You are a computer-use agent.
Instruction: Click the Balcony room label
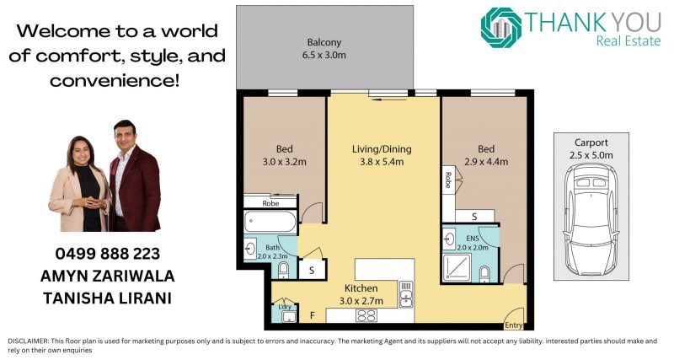pyautogui.click(x=324, y=49)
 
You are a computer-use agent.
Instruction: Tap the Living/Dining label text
pyautogui.click(x=382, y=149)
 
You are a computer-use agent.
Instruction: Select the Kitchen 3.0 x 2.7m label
pyautogui.click(x=361, y=294)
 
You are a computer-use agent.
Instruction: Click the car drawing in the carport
pyautogui.click(x=591, y=219)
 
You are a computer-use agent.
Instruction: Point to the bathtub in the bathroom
pyautogui.click(x=270, y=222)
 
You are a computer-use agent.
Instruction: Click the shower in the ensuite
pyautogui.click(x=457, y=267)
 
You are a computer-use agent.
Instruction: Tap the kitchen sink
pyautogui.click(x=406, y=294)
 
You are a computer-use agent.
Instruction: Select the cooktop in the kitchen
pyautogui.click(x=366, y=315)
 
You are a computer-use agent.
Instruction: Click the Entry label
pyautogui.click(x=514, y=325)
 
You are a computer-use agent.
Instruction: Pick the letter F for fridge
pyautogui.click(x=313, y=315)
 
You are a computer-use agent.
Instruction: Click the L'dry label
pyautogui.click(x=285, y=307)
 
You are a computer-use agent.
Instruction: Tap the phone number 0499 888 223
pyautogui.click(x=108, y=254)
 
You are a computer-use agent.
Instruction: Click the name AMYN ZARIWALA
pyautogui.click(x=108, y=277)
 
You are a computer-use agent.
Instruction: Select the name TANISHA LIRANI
pyautogui.click(x=108, y=298)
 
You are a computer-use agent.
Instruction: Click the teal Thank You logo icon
pyautogui.click(x=500, y=28)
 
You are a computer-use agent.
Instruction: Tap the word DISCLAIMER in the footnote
pyautogui.click(x=28, y=341)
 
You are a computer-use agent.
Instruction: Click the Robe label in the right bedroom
pyautogui.click(x=448, y=180)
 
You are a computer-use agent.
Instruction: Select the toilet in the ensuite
pyautogui.click(x=484, y=274)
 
